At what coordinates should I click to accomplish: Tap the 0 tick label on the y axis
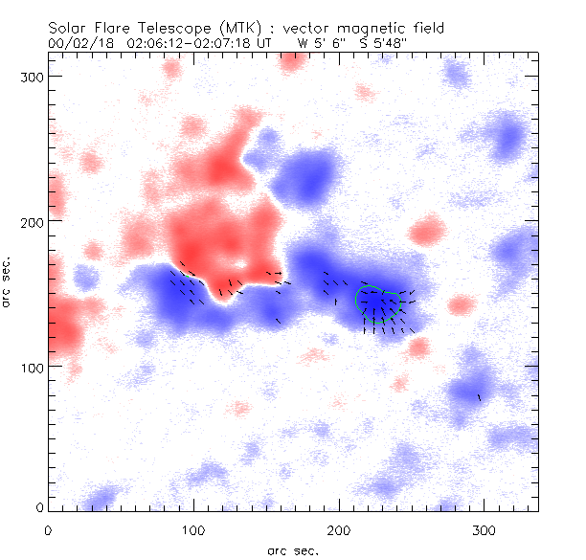pyautogui.click(x=39, y=507)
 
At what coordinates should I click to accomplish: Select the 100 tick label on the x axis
pyautogui.click(x=193, y=528)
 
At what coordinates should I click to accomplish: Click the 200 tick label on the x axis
pyautogui.click(x=339, y=528)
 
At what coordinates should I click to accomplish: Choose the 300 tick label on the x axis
pyautogui.click(x=485, y=528)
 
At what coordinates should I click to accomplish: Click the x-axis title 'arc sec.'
pyautogui.click(x=292, y=550)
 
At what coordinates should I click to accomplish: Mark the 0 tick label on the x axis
pyautogui.click(x=48, y=528)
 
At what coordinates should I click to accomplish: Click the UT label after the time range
pyautogui.click(x=261, y=44)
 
